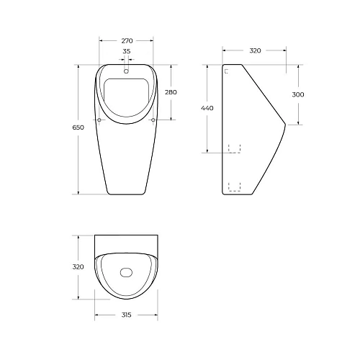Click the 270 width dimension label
pos(127,41)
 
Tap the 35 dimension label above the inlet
pos(127,51)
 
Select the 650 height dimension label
pos(78,127)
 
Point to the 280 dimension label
pos(171,92)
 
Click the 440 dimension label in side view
pos(207,108)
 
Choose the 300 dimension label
pos(298,94)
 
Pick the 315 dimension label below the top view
pos(126,315)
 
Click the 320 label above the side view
pos(255,50)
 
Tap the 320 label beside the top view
pos(78,266)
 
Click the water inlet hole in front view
pos(126,71)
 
